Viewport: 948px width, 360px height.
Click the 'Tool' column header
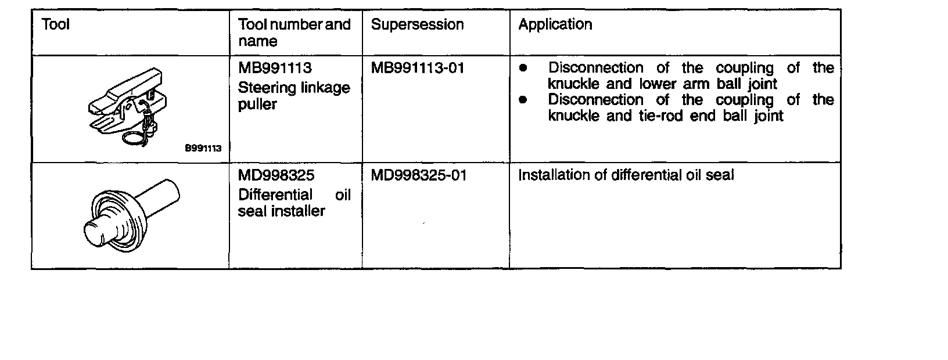(x=56, y=24)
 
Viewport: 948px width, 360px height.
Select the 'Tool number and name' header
(x=295, y=33)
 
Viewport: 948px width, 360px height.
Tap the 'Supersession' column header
(x=417, y=24)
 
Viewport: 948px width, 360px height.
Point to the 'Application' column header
(x=555, y=24)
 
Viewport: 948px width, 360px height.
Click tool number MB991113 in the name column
(x=275, y=69)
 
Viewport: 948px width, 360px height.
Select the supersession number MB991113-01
(x=418, y=69)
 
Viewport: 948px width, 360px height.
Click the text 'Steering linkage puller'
(x=294, y=96)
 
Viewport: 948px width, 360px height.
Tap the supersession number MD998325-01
(x=418, y=175)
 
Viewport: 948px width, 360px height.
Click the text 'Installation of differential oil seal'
(x=626, y=175)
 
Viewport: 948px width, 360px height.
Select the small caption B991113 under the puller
(x=203, y=148)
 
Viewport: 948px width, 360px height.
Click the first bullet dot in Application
(x=523, y=69)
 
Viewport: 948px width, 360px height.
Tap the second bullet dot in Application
(x=523, y=100)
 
